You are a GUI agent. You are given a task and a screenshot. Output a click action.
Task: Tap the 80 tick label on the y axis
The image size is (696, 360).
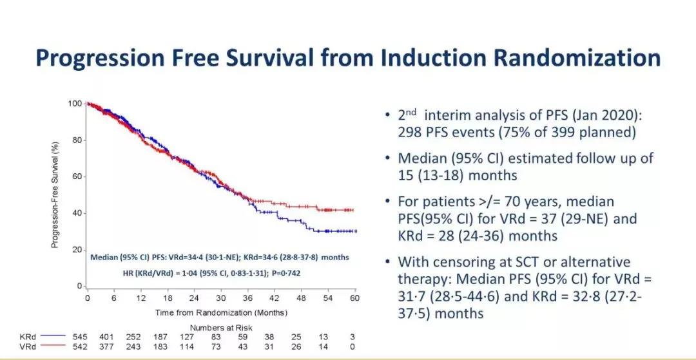point(75,140)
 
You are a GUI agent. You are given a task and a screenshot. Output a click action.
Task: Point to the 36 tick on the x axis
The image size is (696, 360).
point(247,299)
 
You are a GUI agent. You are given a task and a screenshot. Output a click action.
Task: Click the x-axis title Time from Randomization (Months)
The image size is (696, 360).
point(221,312)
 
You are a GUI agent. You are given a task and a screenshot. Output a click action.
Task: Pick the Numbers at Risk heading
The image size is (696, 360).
point(221,328)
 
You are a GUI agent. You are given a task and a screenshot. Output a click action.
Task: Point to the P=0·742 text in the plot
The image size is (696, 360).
point(282,273)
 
